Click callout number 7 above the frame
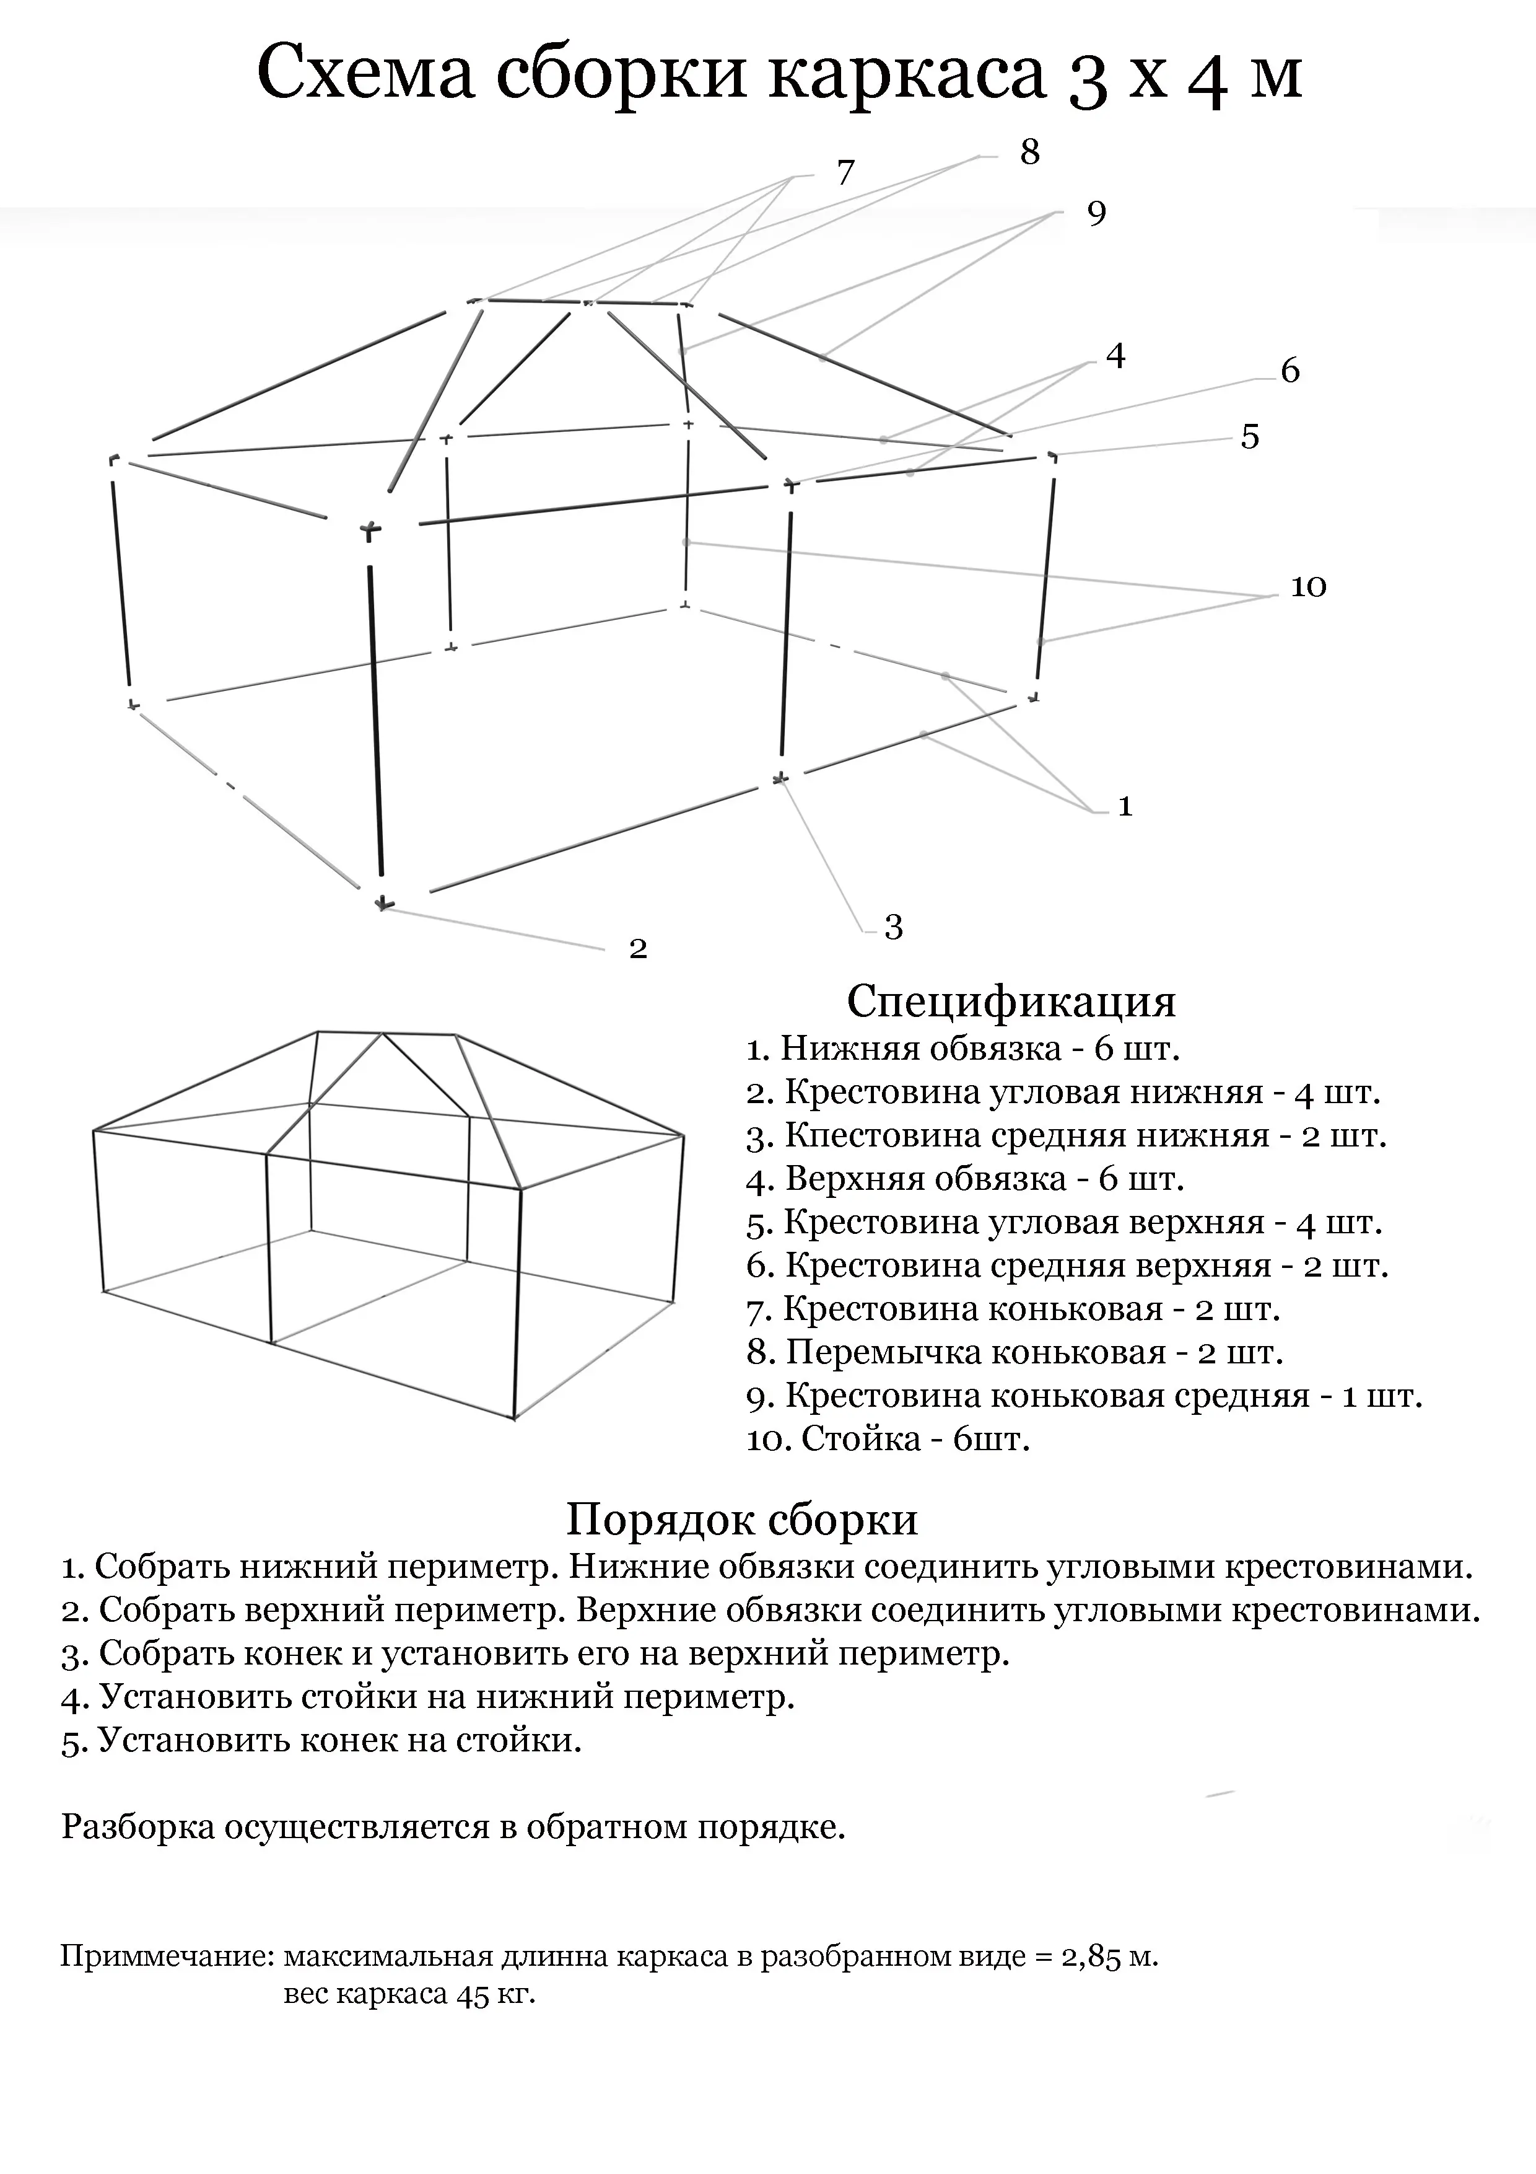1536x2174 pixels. [x=845, y=174]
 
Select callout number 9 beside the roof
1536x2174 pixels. [x=1096, y=213]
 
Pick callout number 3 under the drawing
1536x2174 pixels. [x=893, y=927]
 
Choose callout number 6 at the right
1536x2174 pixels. [x=1290, y=370]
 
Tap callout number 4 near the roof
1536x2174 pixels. [x=1116, y=356]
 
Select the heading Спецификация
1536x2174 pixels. [x=1011, y=1001]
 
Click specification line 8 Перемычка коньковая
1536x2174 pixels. [x=1015, y=1353]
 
